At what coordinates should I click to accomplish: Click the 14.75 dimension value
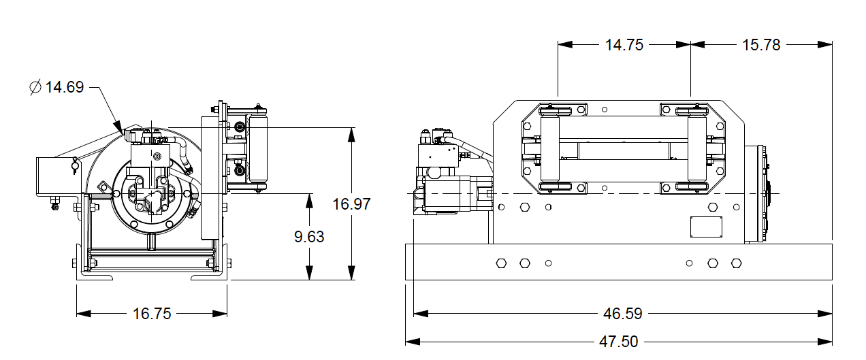[x=624, y=45]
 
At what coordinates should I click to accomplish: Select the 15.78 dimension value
[x=761, y=45]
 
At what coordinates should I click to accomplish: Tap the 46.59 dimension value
[x=623, y=314]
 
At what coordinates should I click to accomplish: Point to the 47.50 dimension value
[x=619, y=341]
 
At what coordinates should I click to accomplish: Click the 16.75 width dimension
[x=152, y=314]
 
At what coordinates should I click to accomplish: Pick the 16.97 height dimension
[x=351, y=203]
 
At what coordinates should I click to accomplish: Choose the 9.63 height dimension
[x=309, y=237]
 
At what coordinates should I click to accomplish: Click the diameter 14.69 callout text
[x=64, y=87]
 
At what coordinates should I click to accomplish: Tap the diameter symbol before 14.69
[x=35, y=87]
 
